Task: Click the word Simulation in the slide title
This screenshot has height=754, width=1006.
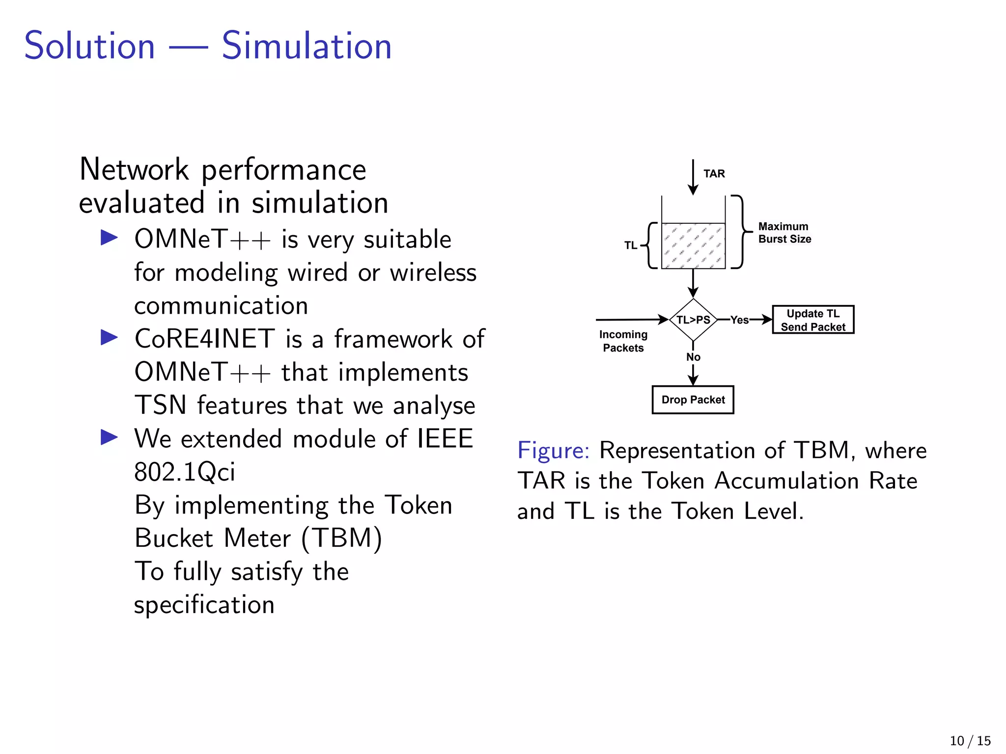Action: tap(307, 46)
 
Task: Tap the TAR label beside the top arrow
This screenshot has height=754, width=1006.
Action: tap(714, 174)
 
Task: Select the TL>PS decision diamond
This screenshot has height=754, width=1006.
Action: tap(693, 320)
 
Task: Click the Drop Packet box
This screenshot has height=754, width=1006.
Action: tap(693, 400)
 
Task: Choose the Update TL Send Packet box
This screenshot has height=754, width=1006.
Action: tap(813, 320)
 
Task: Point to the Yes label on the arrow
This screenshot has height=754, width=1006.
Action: tap(739, 320)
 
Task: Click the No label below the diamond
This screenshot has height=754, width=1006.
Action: tap(693, 357)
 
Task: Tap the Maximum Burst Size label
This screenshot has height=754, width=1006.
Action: tap(784, 233)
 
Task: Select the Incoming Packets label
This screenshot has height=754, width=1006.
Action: tap(623, 341)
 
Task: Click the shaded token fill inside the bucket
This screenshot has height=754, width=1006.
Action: tap(693, 246)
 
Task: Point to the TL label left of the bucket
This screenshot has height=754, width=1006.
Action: tap(630, 245)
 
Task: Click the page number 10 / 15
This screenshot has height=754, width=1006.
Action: tap(970, 740)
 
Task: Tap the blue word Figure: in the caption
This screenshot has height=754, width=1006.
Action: tap(553, 450)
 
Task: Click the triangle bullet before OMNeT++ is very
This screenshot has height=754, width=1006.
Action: tap(109, 238)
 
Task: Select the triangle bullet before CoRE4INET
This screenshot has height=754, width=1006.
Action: tap(109, 338)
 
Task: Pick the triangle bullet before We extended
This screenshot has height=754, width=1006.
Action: tap(109, 437)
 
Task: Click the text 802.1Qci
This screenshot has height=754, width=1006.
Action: tap(185, 472)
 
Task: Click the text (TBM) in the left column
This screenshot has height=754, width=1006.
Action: tap(341, 539)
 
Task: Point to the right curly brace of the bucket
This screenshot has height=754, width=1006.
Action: tap(741, 232)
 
